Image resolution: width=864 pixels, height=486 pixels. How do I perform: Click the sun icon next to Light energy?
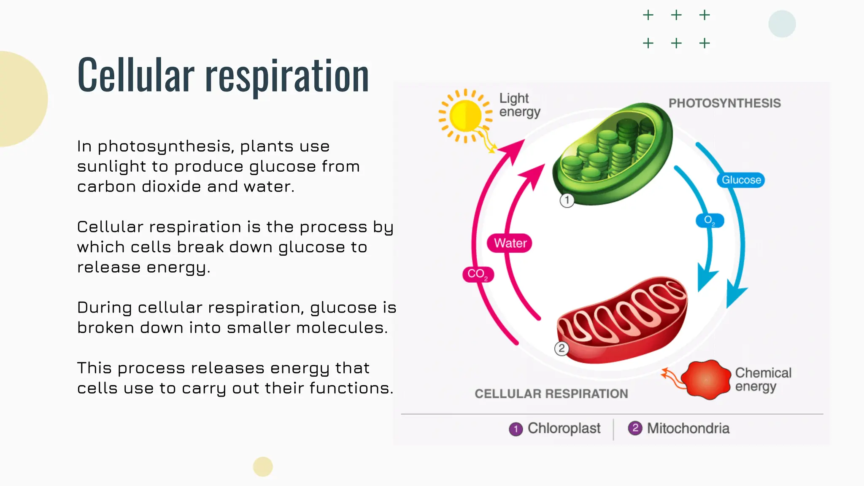coord(465,115)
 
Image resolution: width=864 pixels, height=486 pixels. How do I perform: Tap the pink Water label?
coord(510,243)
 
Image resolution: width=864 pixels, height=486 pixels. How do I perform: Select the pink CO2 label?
coord(478,274)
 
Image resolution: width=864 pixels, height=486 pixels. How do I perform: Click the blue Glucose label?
coord(741,180)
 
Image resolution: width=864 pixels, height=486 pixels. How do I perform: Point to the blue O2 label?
coord(710,220)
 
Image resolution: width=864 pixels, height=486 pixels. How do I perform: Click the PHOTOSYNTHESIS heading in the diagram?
coord(724,103)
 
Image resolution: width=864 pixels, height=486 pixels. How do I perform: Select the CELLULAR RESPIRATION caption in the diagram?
coord(551,394)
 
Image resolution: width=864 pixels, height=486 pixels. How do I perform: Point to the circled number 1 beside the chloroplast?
coord(567,200)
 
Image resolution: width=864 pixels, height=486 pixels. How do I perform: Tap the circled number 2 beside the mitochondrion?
coord(562,348)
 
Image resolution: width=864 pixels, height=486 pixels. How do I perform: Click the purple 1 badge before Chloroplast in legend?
coord(516,429)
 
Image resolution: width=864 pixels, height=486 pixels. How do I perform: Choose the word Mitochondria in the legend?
coord(688,429)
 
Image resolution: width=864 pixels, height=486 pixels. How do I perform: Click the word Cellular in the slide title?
coord(136,76)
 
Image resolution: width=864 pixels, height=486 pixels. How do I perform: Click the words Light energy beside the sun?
coord(519,105)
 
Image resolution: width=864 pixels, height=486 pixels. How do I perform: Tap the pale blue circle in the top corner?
coord(782,24)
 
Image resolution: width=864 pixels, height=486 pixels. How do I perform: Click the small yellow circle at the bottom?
coord(263,467)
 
